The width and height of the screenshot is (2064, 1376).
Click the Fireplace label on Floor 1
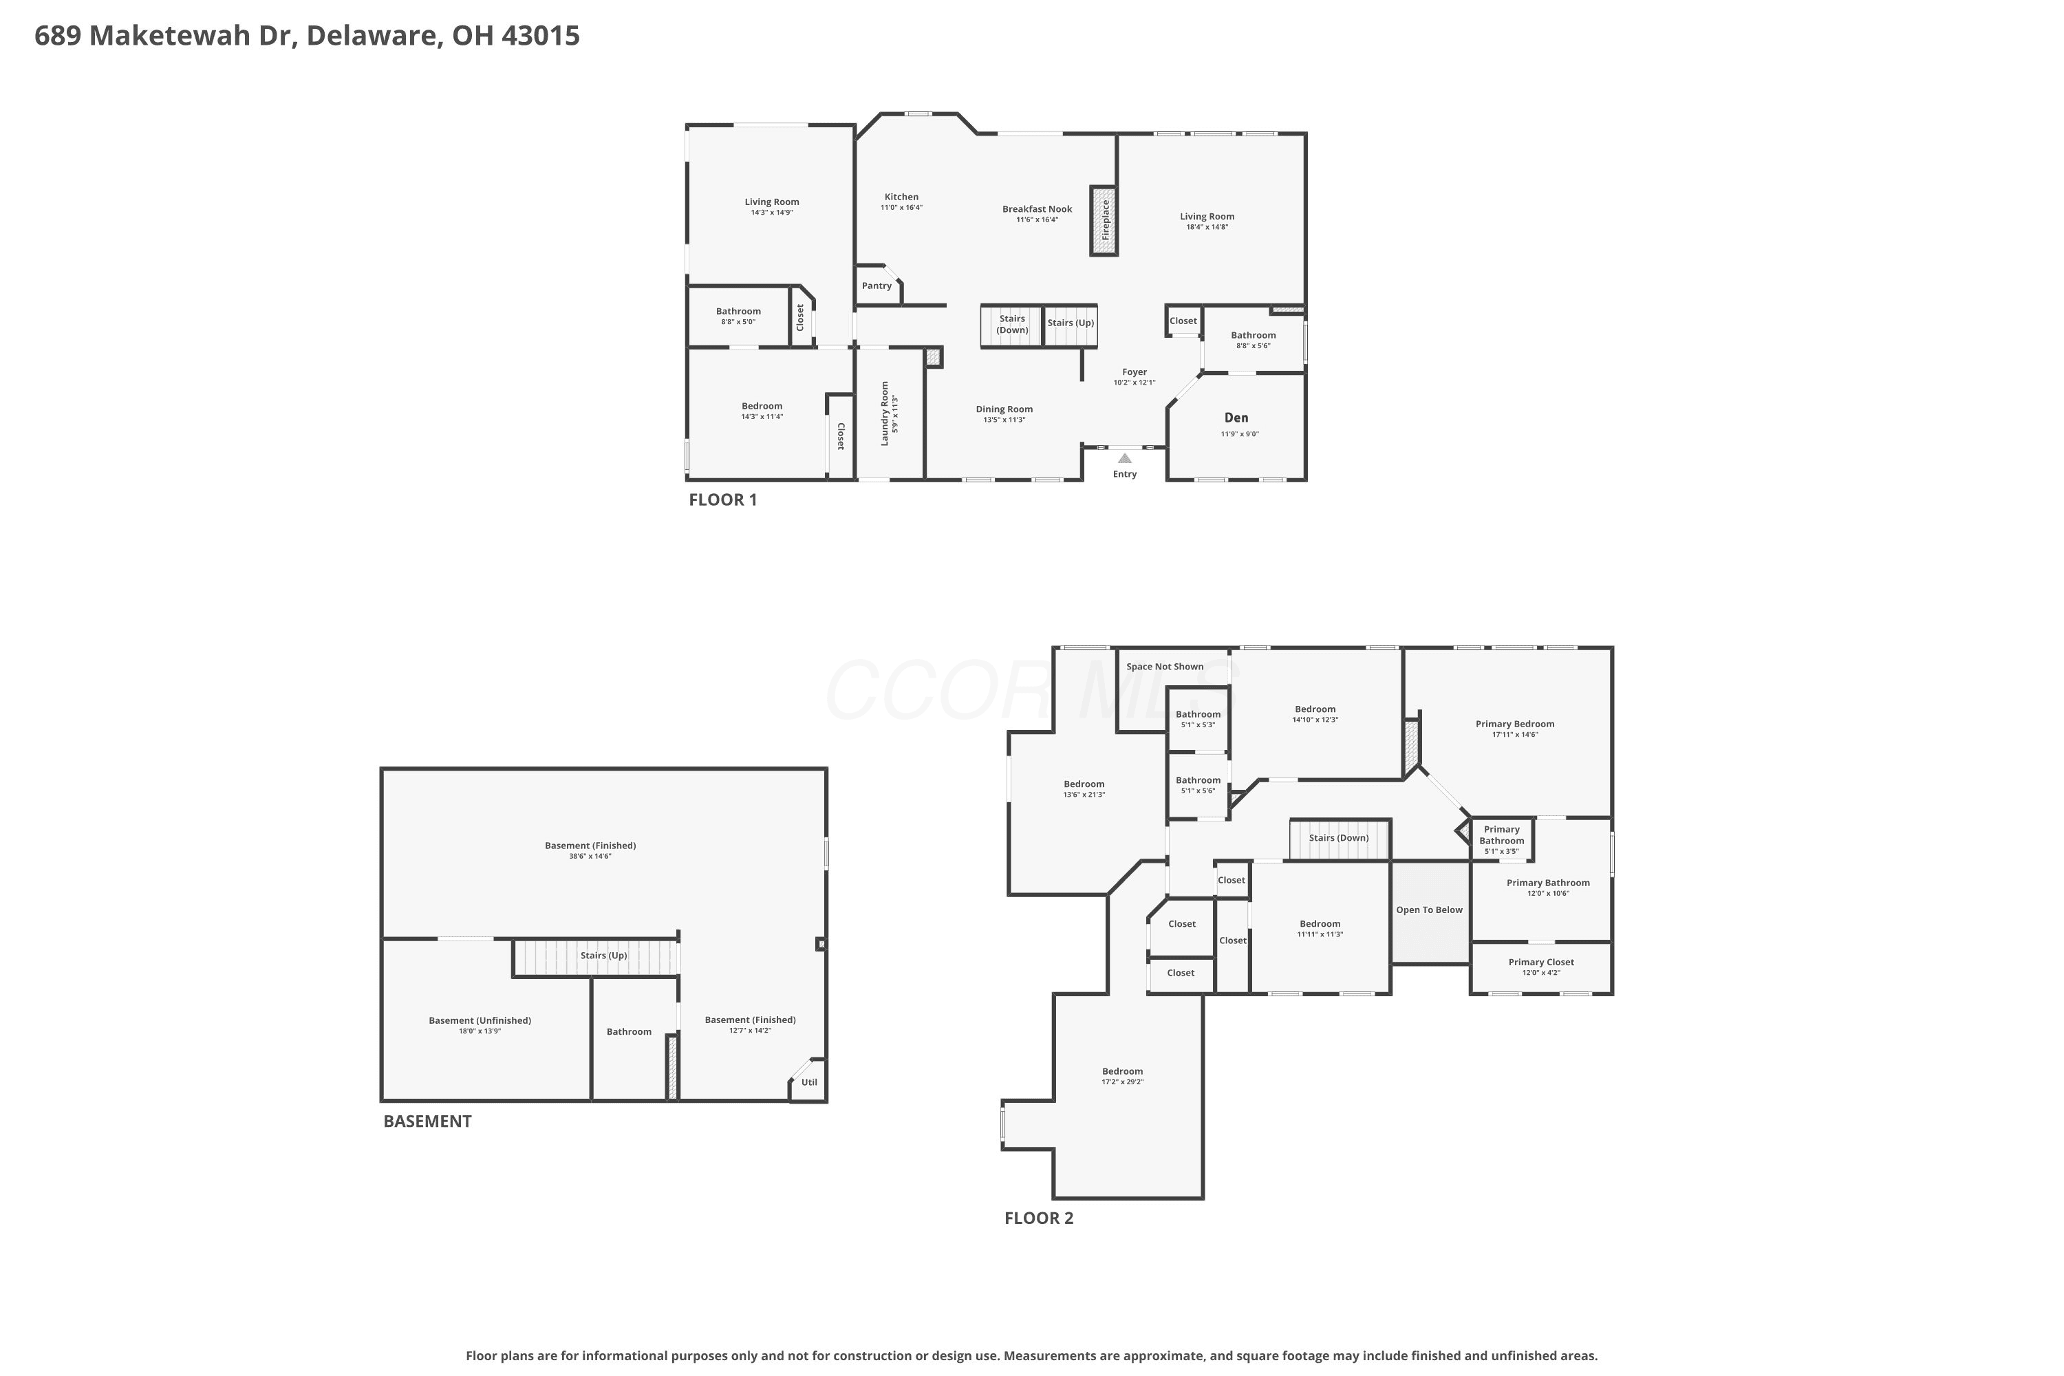[1106, 220]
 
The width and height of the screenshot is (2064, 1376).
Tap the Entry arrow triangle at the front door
[1124, 458]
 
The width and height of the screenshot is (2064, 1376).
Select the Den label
[1236, 418]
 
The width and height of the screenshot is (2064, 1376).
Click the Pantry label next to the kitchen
[877, 286]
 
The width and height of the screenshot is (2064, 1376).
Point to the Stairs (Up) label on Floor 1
[1071, 323]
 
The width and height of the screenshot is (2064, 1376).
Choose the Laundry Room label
[885, 413]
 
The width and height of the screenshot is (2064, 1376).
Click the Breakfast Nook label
[1038, 209]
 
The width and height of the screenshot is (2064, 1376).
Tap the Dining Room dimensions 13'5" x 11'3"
[1004, 420]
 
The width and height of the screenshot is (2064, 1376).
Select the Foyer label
[1135, 372]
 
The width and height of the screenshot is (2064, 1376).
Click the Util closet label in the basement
[809, 1082]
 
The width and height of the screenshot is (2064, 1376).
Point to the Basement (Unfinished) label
[480, 1020]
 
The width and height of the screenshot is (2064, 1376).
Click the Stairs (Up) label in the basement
[604, 956]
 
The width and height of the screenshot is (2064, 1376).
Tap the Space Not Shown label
[1165, 667]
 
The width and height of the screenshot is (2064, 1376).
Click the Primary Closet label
[1541, 963]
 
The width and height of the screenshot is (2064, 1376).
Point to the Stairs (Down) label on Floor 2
[1339, 838]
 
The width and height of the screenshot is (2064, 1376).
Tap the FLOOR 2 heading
[1039, 1218]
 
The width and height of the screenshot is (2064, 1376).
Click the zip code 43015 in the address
[541, 36]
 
